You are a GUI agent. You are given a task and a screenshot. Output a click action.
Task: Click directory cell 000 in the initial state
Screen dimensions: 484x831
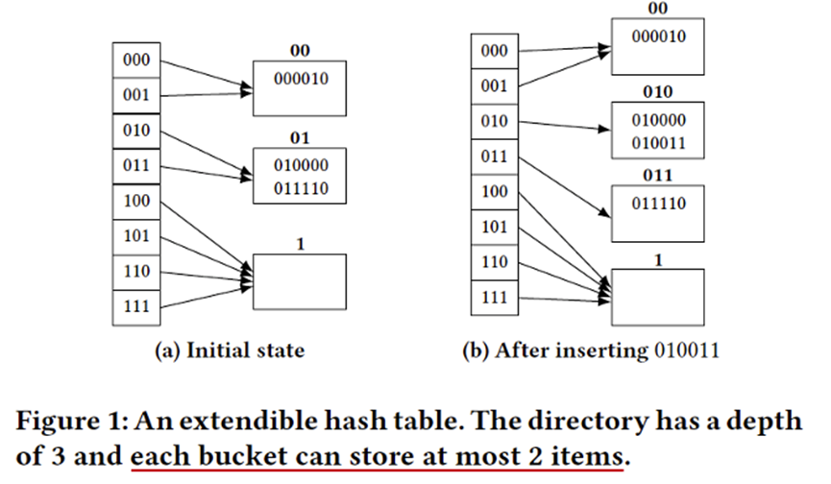click(136, 59)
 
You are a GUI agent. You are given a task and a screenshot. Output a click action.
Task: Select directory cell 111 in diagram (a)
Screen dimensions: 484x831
click(136, 305)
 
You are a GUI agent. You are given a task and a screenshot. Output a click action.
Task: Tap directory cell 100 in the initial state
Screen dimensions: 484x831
click(136, 201)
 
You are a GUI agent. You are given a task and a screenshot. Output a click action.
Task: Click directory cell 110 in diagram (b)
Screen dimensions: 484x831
click(493, 262)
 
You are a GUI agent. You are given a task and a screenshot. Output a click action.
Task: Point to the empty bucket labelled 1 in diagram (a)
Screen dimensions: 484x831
click(299, 280)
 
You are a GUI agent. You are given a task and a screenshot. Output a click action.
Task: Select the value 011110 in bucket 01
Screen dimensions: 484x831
click(300, 189)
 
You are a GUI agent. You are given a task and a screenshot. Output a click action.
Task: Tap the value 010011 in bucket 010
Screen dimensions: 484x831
click(658, 144)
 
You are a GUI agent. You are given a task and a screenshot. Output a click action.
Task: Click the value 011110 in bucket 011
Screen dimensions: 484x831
click(658, 205)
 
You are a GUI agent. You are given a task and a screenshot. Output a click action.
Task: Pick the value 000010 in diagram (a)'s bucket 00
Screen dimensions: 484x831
click(300, 80)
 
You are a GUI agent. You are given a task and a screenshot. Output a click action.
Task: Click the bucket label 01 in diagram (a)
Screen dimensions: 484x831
click(300, 136)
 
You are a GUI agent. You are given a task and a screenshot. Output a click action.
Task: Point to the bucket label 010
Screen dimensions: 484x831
click(658, 92)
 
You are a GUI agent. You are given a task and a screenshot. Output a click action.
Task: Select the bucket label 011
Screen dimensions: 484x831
click(658, 175)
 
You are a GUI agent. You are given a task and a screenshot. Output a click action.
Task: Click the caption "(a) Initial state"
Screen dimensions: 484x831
click(230, 351)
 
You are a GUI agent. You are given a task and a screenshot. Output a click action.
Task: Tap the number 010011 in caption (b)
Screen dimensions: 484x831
click(686, 351)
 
